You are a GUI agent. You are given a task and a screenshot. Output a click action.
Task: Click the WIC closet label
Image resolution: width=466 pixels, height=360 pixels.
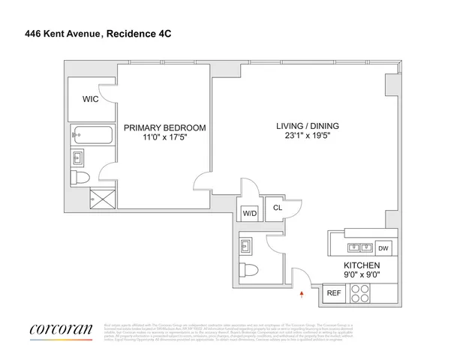pyautogui.click(x=90, y=97)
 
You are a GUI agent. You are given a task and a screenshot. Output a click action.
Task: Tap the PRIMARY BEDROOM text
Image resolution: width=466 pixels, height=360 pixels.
pyautogui.click(x=164, y=127)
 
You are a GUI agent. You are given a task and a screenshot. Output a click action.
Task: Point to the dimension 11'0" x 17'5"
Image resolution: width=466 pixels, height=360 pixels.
pyautogui.click(x=164, y=138)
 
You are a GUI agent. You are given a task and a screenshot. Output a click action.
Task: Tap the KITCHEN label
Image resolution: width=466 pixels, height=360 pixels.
pyautogui.click(x=362, y=265)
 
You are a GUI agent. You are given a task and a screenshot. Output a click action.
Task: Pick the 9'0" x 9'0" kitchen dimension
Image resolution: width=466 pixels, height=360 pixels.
pyautogui.click(x=362, y=276)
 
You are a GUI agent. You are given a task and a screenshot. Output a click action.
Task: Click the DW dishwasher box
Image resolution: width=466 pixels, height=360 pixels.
pyautogui.click(x=383, y=248)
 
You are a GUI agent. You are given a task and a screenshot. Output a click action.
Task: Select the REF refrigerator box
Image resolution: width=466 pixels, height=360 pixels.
pyautogui.click(x=332, y=294)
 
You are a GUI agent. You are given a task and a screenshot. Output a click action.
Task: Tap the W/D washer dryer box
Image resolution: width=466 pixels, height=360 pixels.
pyautogui.click(x=249, y=213)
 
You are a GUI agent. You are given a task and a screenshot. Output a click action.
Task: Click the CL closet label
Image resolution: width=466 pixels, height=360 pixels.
pyautogui.click(x=276, y=208)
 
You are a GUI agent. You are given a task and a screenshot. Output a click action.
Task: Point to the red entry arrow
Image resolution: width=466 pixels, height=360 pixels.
pyautogui.click(x=302, y=295)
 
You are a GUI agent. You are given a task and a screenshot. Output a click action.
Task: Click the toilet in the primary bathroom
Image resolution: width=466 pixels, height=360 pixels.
pyautogui.click(x=80, y=178)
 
